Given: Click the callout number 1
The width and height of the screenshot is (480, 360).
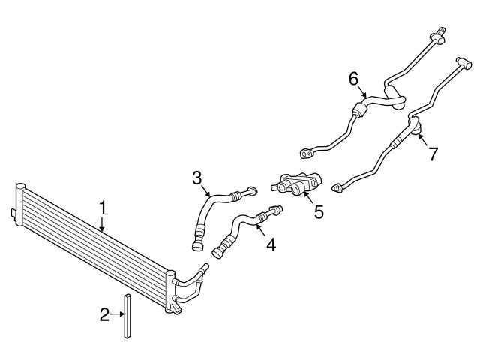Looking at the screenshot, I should pos(103,205).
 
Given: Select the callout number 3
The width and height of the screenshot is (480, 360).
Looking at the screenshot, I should pos(196,178).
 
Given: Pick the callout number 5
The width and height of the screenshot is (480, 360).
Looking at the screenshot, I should pos(319,211).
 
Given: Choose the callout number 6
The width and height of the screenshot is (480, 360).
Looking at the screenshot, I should pos(354,78).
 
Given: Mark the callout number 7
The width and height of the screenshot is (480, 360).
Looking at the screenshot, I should pos(432,153).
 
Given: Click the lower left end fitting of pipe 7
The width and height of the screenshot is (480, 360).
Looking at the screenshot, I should pos(338,187).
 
